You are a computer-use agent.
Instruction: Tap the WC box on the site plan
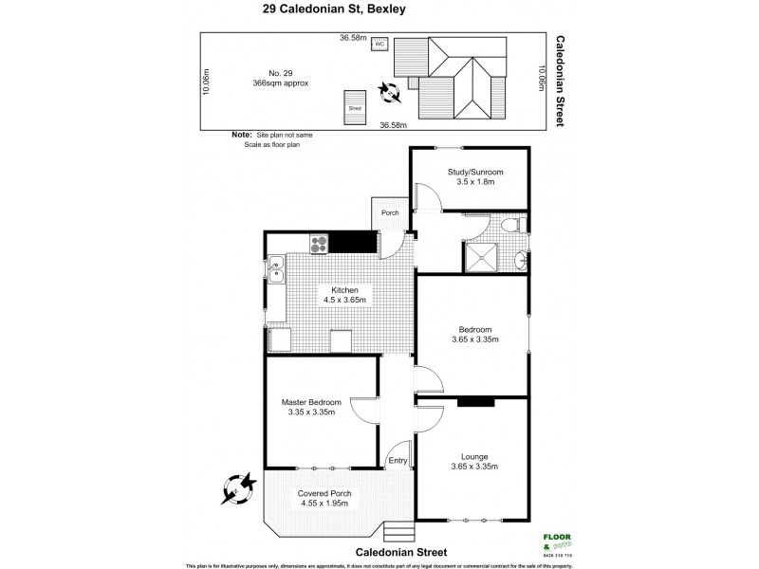click(379, 44)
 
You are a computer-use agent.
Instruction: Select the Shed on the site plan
click(355, 105)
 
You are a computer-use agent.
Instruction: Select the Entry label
click(398, 461)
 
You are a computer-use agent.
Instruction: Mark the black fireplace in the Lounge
click(475, 402)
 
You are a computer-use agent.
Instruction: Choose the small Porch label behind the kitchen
click(390, 213)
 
